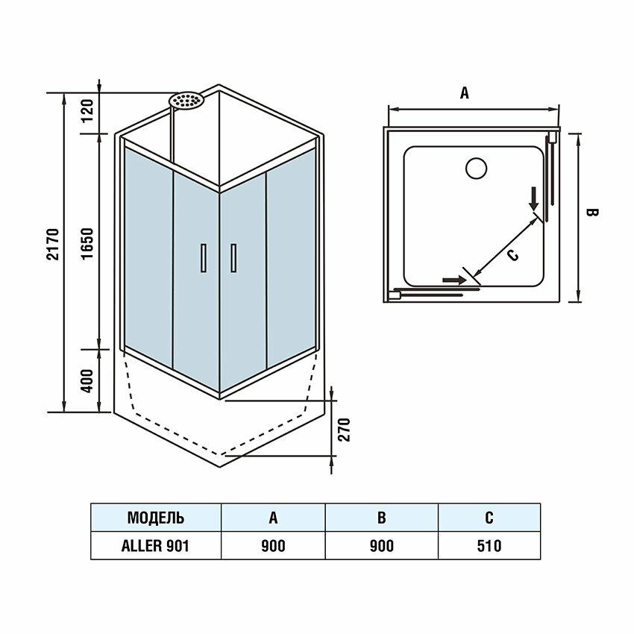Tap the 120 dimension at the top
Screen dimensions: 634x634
[88, 113]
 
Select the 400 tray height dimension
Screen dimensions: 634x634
[88, 381]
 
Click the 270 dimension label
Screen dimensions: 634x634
[344, 430]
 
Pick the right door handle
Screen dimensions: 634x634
[233, 258]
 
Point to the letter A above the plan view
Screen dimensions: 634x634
[464, 93]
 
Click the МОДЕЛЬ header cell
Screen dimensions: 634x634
[156, 518]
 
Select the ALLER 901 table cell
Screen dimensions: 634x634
[156, 546]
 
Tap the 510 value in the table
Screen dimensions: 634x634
[489, 546]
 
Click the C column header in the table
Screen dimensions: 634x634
[489, 518]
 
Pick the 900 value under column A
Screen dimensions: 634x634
[273, 546]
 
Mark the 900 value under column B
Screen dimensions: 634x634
[381, 546]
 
